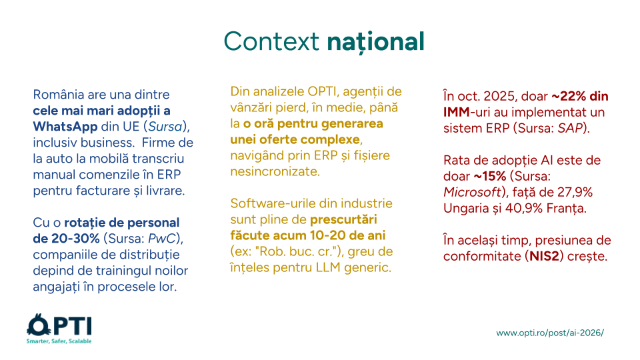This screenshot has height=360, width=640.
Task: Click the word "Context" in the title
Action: tap(271, 41)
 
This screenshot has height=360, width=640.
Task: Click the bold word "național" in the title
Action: tap(375, 41)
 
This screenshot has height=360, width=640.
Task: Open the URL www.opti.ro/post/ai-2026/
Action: tap(550, 333)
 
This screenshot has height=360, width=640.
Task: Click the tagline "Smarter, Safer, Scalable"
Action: tap(59, 341)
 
